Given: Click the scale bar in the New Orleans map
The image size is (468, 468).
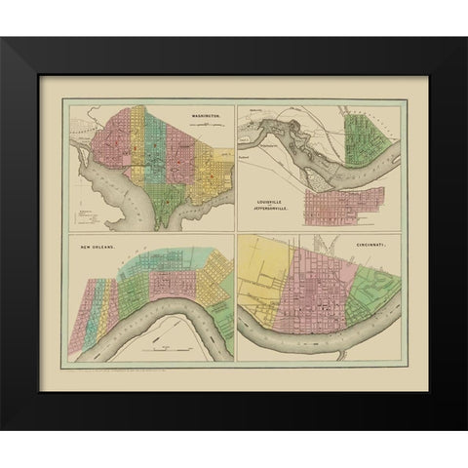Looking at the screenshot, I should (x=166, y=346).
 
